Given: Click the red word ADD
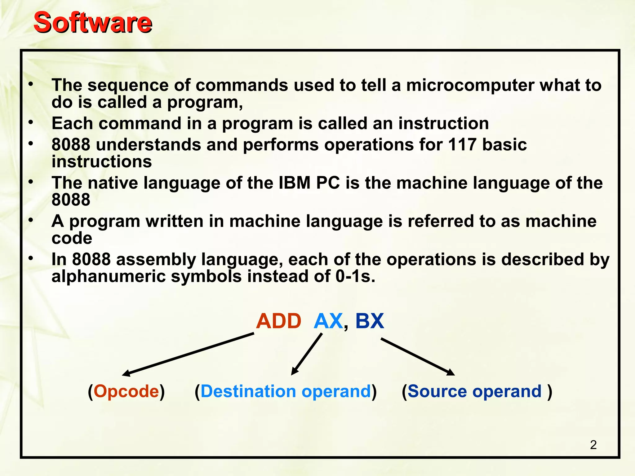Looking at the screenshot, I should pyautogui.click(x=278, y=321).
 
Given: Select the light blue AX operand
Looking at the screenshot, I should pyautogui.click(x=328, y=321).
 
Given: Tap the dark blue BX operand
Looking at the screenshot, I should pyautogui.click(x=370, y=321).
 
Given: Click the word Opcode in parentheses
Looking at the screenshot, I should pyautogui.click(x=126, y=391).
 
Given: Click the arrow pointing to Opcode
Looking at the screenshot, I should pyautogui.click(x=188, y=354).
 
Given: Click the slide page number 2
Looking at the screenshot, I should pyautogui.click(x=593, y=445).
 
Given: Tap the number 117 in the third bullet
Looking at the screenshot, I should pyautogui.click(x=462, y=145).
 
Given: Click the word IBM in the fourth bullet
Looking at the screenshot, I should pyautogui.click(x=295, y=183).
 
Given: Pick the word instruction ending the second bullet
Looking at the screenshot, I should pyautogui.click(x=443, y=123).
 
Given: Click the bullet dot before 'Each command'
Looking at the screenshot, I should pyautogui.click(x=30, y=123).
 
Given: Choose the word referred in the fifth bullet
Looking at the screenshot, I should pyautogui.click(x=440, y=221).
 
